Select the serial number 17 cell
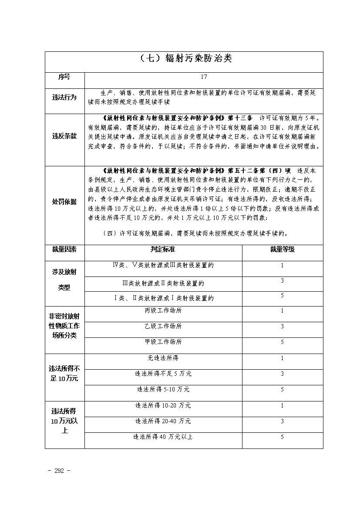[204, 77]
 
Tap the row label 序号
[64, 77]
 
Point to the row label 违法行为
[64, 98]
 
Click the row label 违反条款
[64, 136]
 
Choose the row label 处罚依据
[64, 202]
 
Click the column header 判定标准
[163, 249]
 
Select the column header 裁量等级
[282, 249]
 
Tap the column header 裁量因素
[64, 249]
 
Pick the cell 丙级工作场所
[163, 311]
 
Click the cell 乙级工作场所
[163, 326]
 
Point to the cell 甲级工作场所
[163, 342]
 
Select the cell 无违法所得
[163, 358]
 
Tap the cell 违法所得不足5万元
[163, 374]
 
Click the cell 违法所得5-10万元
[163, 389]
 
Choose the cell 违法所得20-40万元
[163, 421]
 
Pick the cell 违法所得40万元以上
[163, 437]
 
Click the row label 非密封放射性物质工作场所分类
[64, 326]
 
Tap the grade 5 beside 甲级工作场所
[282, 342]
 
